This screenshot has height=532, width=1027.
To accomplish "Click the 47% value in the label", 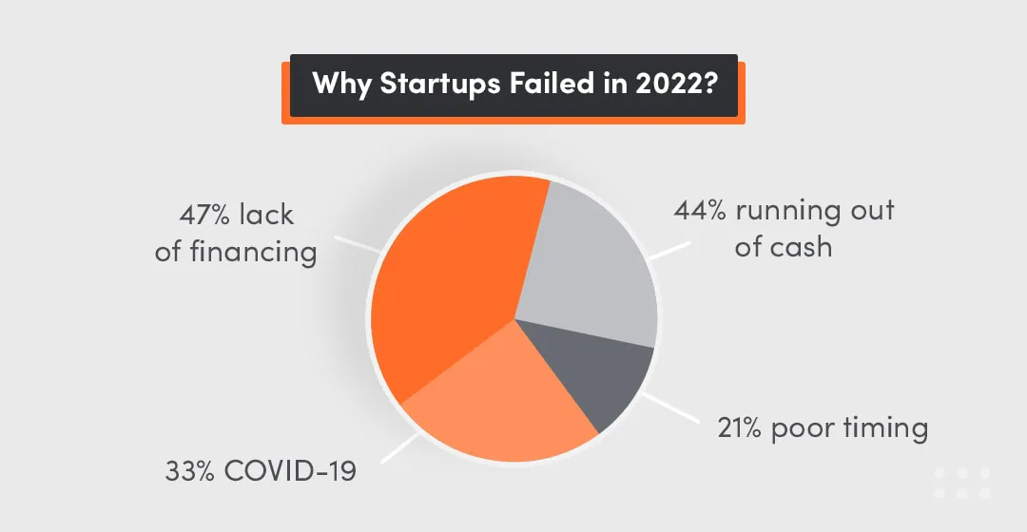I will [x=201, y=215].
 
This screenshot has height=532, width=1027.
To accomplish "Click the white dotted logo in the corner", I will [x=961, y=482].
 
